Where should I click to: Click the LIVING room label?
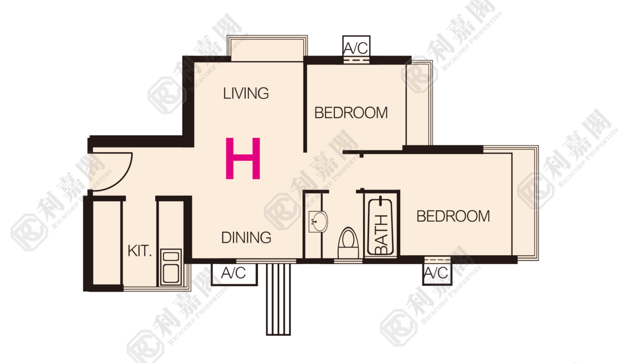pyautogui.click(x=246, y=93)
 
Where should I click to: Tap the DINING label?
pyautogui.click(x=246, y=237)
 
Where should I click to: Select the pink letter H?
pyautogui.click(x=243, y=158)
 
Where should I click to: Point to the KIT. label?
pyautogui.click(x=140, y=251)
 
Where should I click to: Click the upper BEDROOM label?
pyautogui.click(x=351, y=113)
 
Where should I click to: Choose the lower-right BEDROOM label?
pyautogui.click(x=453, y=216)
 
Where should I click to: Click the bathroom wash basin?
pyautogui.click(x=319, y=221)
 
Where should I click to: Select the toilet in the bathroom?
pyautogui.click(x=348, y=243)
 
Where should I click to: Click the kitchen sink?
pyautogui.click(x=171, y=267)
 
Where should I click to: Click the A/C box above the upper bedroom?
pyautogui.click(x=356, y=46)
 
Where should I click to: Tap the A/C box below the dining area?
pyautogui.click(x=234, y=274)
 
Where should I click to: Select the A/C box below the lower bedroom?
pyautogui.click(x=437, y=274)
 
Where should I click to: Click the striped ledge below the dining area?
pyautogui.click(x=278, y=299)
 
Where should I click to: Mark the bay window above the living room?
pyautogui.click(x=267, y=48)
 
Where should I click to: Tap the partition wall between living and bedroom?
pyautogui.click(x=305, y=107)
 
